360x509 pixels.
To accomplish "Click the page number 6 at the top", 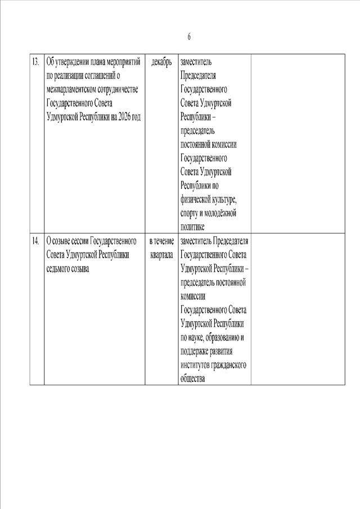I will (x=189, y=37).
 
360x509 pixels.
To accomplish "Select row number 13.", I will (x=35, y=62).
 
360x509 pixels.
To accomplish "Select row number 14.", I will (x=35, y=241).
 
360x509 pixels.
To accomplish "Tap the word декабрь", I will (x=161, y=62).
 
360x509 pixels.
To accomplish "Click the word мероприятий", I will (x=120, y=62).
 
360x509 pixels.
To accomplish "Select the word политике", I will (x=192, y=227).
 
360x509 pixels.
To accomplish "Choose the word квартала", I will (x=161, y=255).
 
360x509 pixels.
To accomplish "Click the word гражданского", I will (x=229, y=365).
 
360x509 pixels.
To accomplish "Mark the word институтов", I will (x=195, y=365).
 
